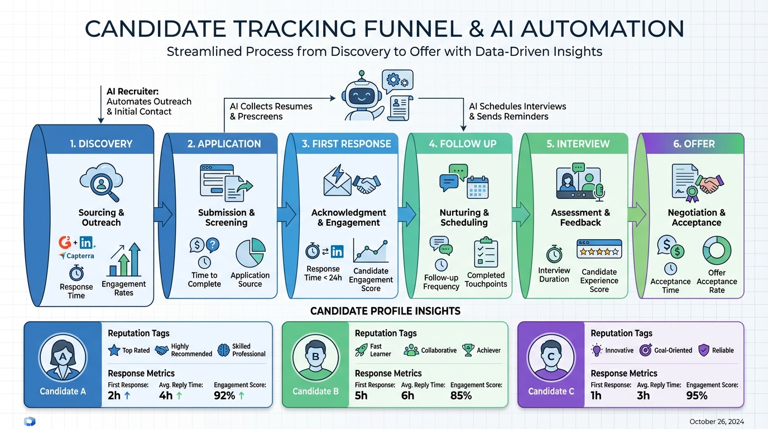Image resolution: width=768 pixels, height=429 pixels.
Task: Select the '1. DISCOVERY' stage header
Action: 101,144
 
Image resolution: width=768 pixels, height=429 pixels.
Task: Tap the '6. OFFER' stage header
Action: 694,144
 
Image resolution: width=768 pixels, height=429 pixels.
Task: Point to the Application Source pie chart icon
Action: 251,253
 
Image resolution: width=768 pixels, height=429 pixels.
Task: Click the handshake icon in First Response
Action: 368,182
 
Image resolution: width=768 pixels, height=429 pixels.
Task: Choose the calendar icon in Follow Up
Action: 477,186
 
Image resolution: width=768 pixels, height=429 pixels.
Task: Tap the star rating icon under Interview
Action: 599,250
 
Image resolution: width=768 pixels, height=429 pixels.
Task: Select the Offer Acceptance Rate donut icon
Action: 716,250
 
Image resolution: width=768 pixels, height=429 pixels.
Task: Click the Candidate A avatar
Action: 63,357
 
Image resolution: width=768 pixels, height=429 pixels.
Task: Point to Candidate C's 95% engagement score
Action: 697,396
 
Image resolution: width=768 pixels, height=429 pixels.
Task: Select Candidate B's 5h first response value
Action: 361,396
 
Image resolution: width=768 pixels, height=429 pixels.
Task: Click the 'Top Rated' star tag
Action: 129,351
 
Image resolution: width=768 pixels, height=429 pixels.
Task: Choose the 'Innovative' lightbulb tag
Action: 612,350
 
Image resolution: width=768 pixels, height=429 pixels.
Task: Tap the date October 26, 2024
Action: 717,422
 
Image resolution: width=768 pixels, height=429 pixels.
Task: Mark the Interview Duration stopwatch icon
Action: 554,254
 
